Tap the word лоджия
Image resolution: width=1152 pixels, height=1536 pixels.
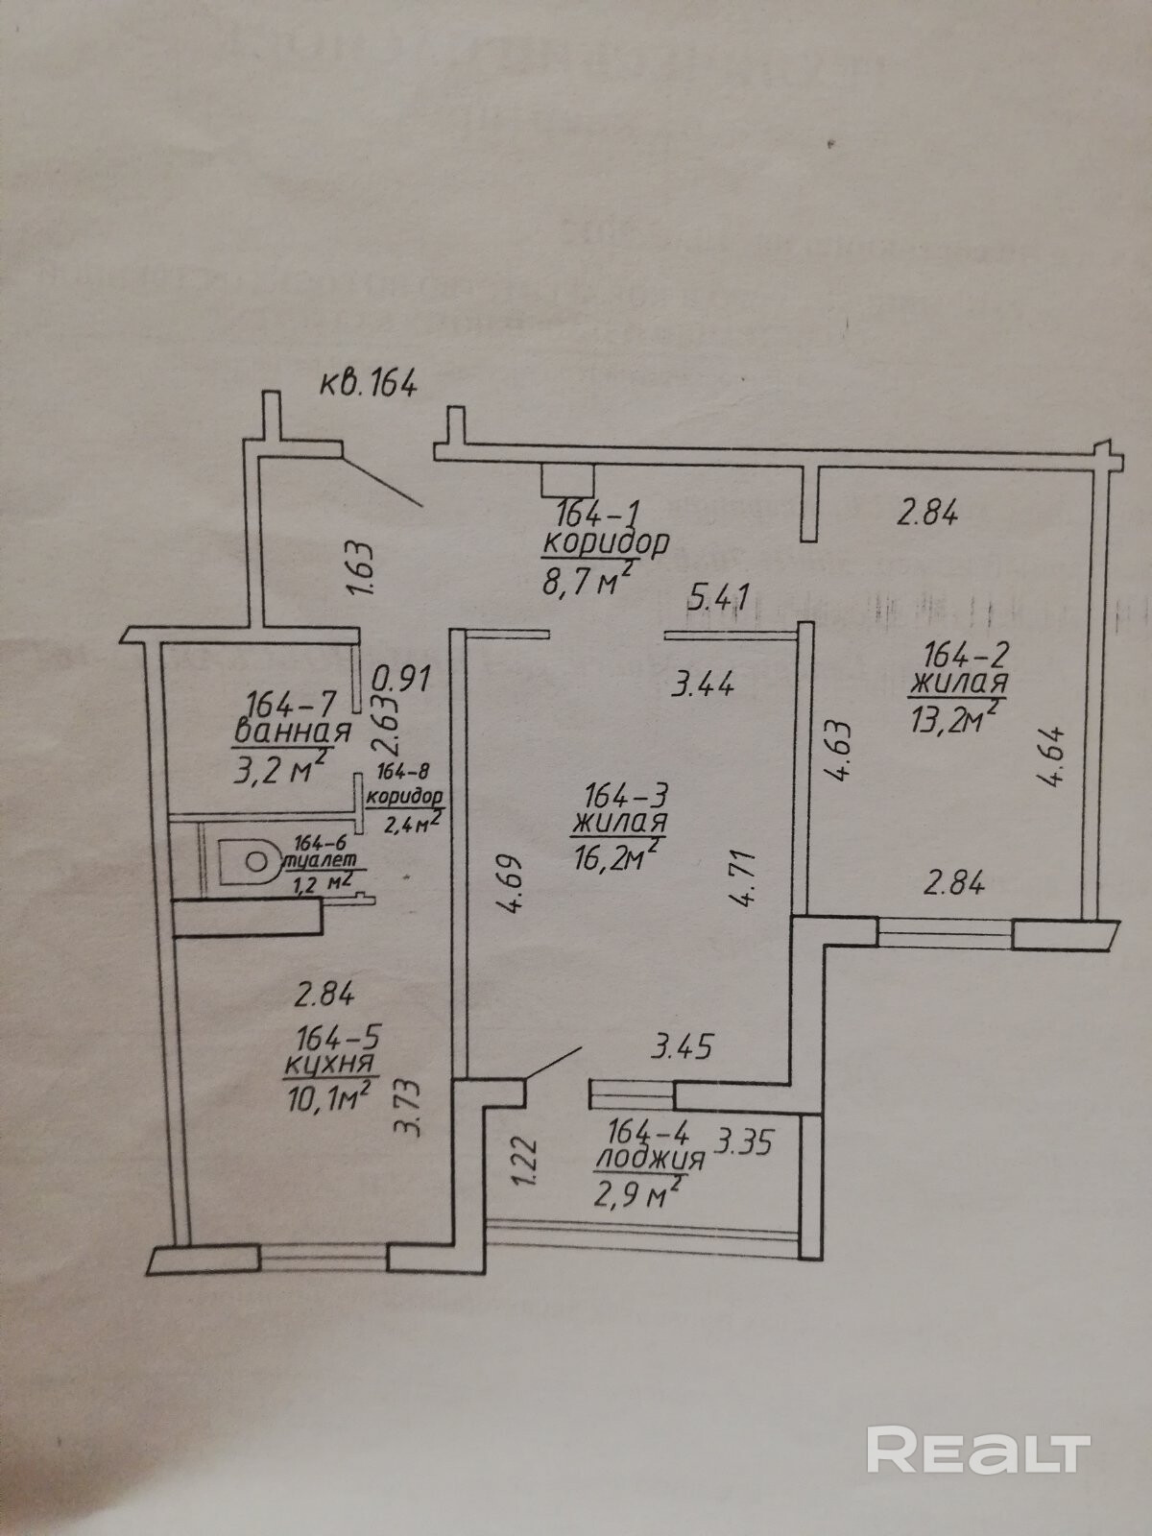click(649, 1159)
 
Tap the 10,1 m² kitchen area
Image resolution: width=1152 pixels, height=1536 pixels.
click(329, 1096)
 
